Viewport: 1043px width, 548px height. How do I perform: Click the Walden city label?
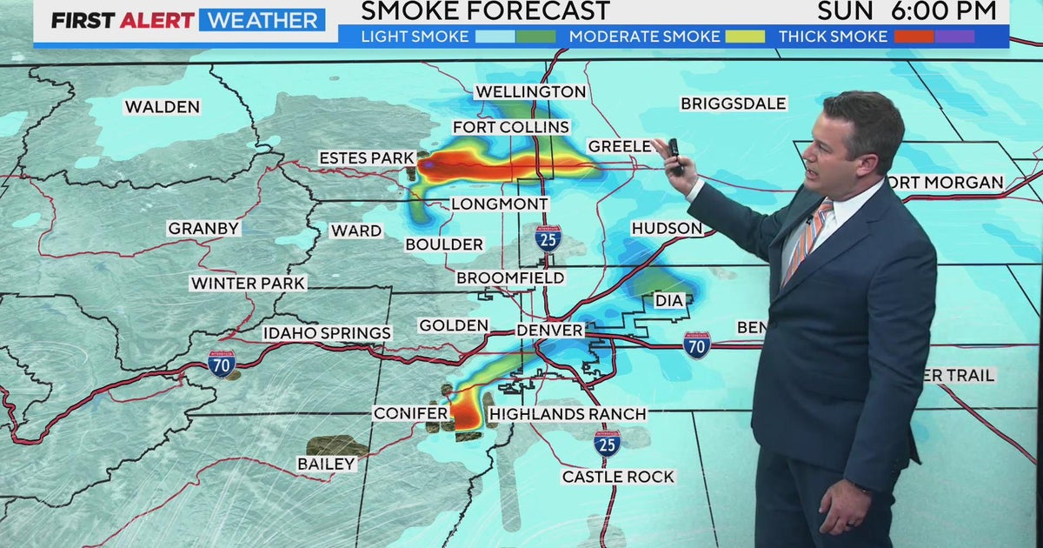click(x=162, y=107)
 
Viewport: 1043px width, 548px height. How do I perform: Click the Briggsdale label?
click(x=733, y=104)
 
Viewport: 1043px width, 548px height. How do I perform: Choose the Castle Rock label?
click(x=618, y=477)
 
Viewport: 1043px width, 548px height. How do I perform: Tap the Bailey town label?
click(x=326, y=464)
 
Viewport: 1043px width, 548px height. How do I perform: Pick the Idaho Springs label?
click(x=328, y=333)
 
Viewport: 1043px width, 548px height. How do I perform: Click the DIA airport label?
click(x=668, y=301)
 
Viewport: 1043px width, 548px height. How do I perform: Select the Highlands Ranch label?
click(x=568, y=414)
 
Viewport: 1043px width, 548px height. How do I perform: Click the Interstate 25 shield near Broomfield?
click(x=548, y=237)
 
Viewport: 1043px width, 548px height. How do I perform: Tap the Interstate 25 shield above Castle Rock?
click(x=607, y=443)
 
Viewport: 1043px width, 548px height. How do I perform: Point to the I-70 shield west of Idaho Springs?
click(x=222, y=362)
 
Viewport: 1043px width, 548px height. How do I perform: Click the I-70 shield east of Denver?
click(x=696, y=344)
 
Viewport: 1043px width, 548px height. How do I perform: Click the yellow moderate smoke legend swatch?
click(x=746, y=37)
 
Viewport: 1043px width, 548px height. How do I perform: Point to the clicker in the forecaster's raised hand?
click(x=675, y=155)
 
